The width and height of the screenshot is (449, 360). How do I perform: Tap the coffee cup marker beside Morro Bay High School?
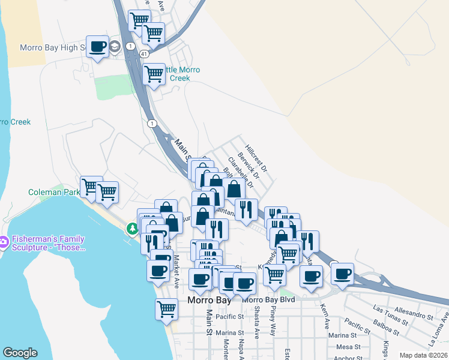(97, 46)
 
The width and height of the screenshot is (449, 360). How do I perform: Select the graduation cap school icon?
(115, 47)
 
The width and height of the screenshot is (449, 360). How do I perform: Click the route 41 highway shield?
(145, 54)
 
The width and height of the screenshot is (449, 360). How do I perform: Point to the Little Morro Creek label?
(180, 74)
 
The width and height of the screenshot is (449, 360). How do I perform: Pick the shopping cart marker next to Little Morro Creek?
(154, 74)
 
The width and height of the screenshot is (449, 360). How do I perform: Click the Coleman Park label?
(54, 193)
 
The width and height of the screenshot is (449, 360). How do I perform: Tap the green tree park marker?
(132, 229)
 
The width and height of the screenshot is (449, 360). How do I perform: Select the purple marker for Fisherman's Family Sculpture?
(4, 241)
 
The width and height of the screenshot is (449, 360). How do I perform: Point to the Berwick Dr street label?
(248, 165)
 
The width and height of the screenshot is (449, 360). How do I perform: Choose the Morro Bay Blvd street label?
(270, 299)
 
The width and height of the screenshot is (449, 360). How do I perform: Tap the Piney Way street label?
(273, 320)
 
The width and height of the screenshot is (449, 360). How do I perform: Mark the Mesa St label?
(348, 346)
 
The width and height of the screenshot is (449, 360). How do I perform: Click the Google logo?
(20, 353)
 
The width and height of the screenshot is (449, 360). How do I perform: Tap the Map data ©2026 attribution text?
(423, 355)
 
